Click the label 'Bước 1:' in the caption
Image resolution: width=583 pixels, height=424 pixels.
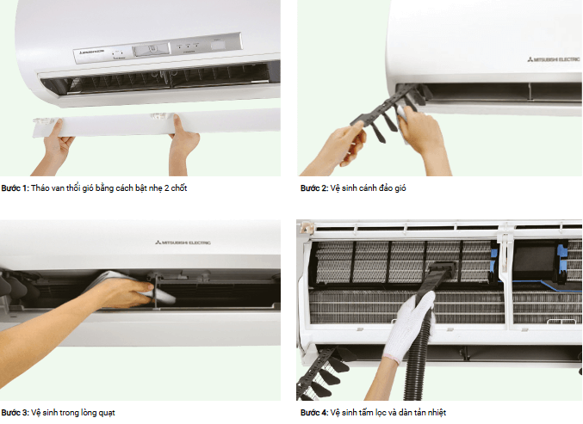(15, 188)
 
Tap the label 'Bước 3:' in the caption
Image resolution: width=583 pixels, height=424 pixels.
(15, 412)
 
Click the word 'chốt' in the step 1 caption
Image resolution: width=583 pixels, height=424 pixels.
(177, 188)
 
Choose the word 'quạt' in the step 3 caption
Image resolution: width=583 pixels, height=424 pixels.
(106, 412)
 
